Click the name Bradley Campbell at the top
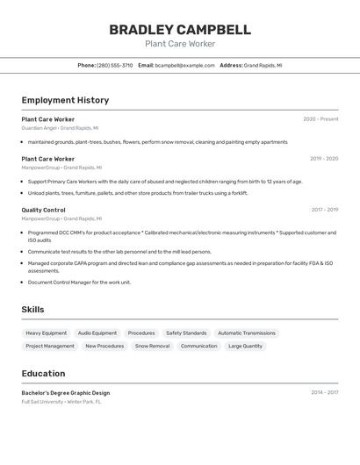180,30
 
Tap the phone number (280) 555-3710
115,65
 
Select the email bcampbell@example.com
185,65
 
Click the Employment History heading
65,100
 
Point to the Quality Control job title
43,210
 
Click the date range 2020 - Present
320,119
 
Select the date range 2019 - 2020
324,159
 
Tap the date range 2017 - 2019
324,210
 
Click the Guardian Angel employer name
39,128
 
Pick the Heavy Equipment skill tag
46,333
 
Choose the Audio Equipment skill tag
97,333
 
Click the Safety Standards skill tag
186,333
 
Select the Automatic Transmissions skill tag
247,333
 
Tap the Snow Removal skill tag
153,347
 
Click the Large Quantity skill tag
246,347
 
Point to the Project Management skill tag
50,347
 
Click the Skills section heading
32,310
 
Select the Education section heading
43,373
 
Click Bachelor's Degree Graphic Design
66,393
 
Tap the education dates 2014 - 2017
324,393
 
